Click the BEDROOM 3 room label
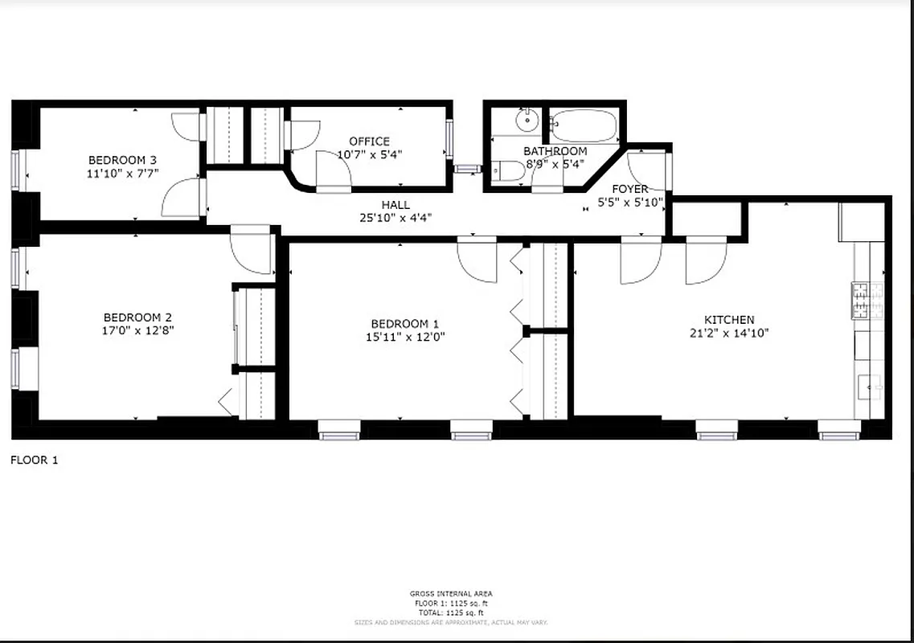click(117, 160)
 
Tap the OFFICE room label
click(369, 141)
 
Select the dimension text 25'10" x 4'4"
click(396, 217)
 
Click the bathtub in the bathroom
click(584, 125)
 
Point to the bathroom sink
click(527, 121)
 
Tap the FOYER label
click(630, 189)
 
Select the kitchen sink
click(870, 388)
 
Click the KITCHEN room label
click(729, 320)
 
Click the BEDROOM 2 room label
click(137, 317)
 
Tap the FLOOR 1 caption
click(34, 461)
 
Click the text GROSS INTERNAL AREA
click(450, 594)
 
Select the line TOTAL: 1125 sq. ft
click(450, 612)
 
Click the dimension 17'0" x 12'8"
click(137, 330)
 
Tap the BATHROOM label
click(555, 151)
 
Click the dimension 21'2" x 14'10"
click(729, 333)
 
